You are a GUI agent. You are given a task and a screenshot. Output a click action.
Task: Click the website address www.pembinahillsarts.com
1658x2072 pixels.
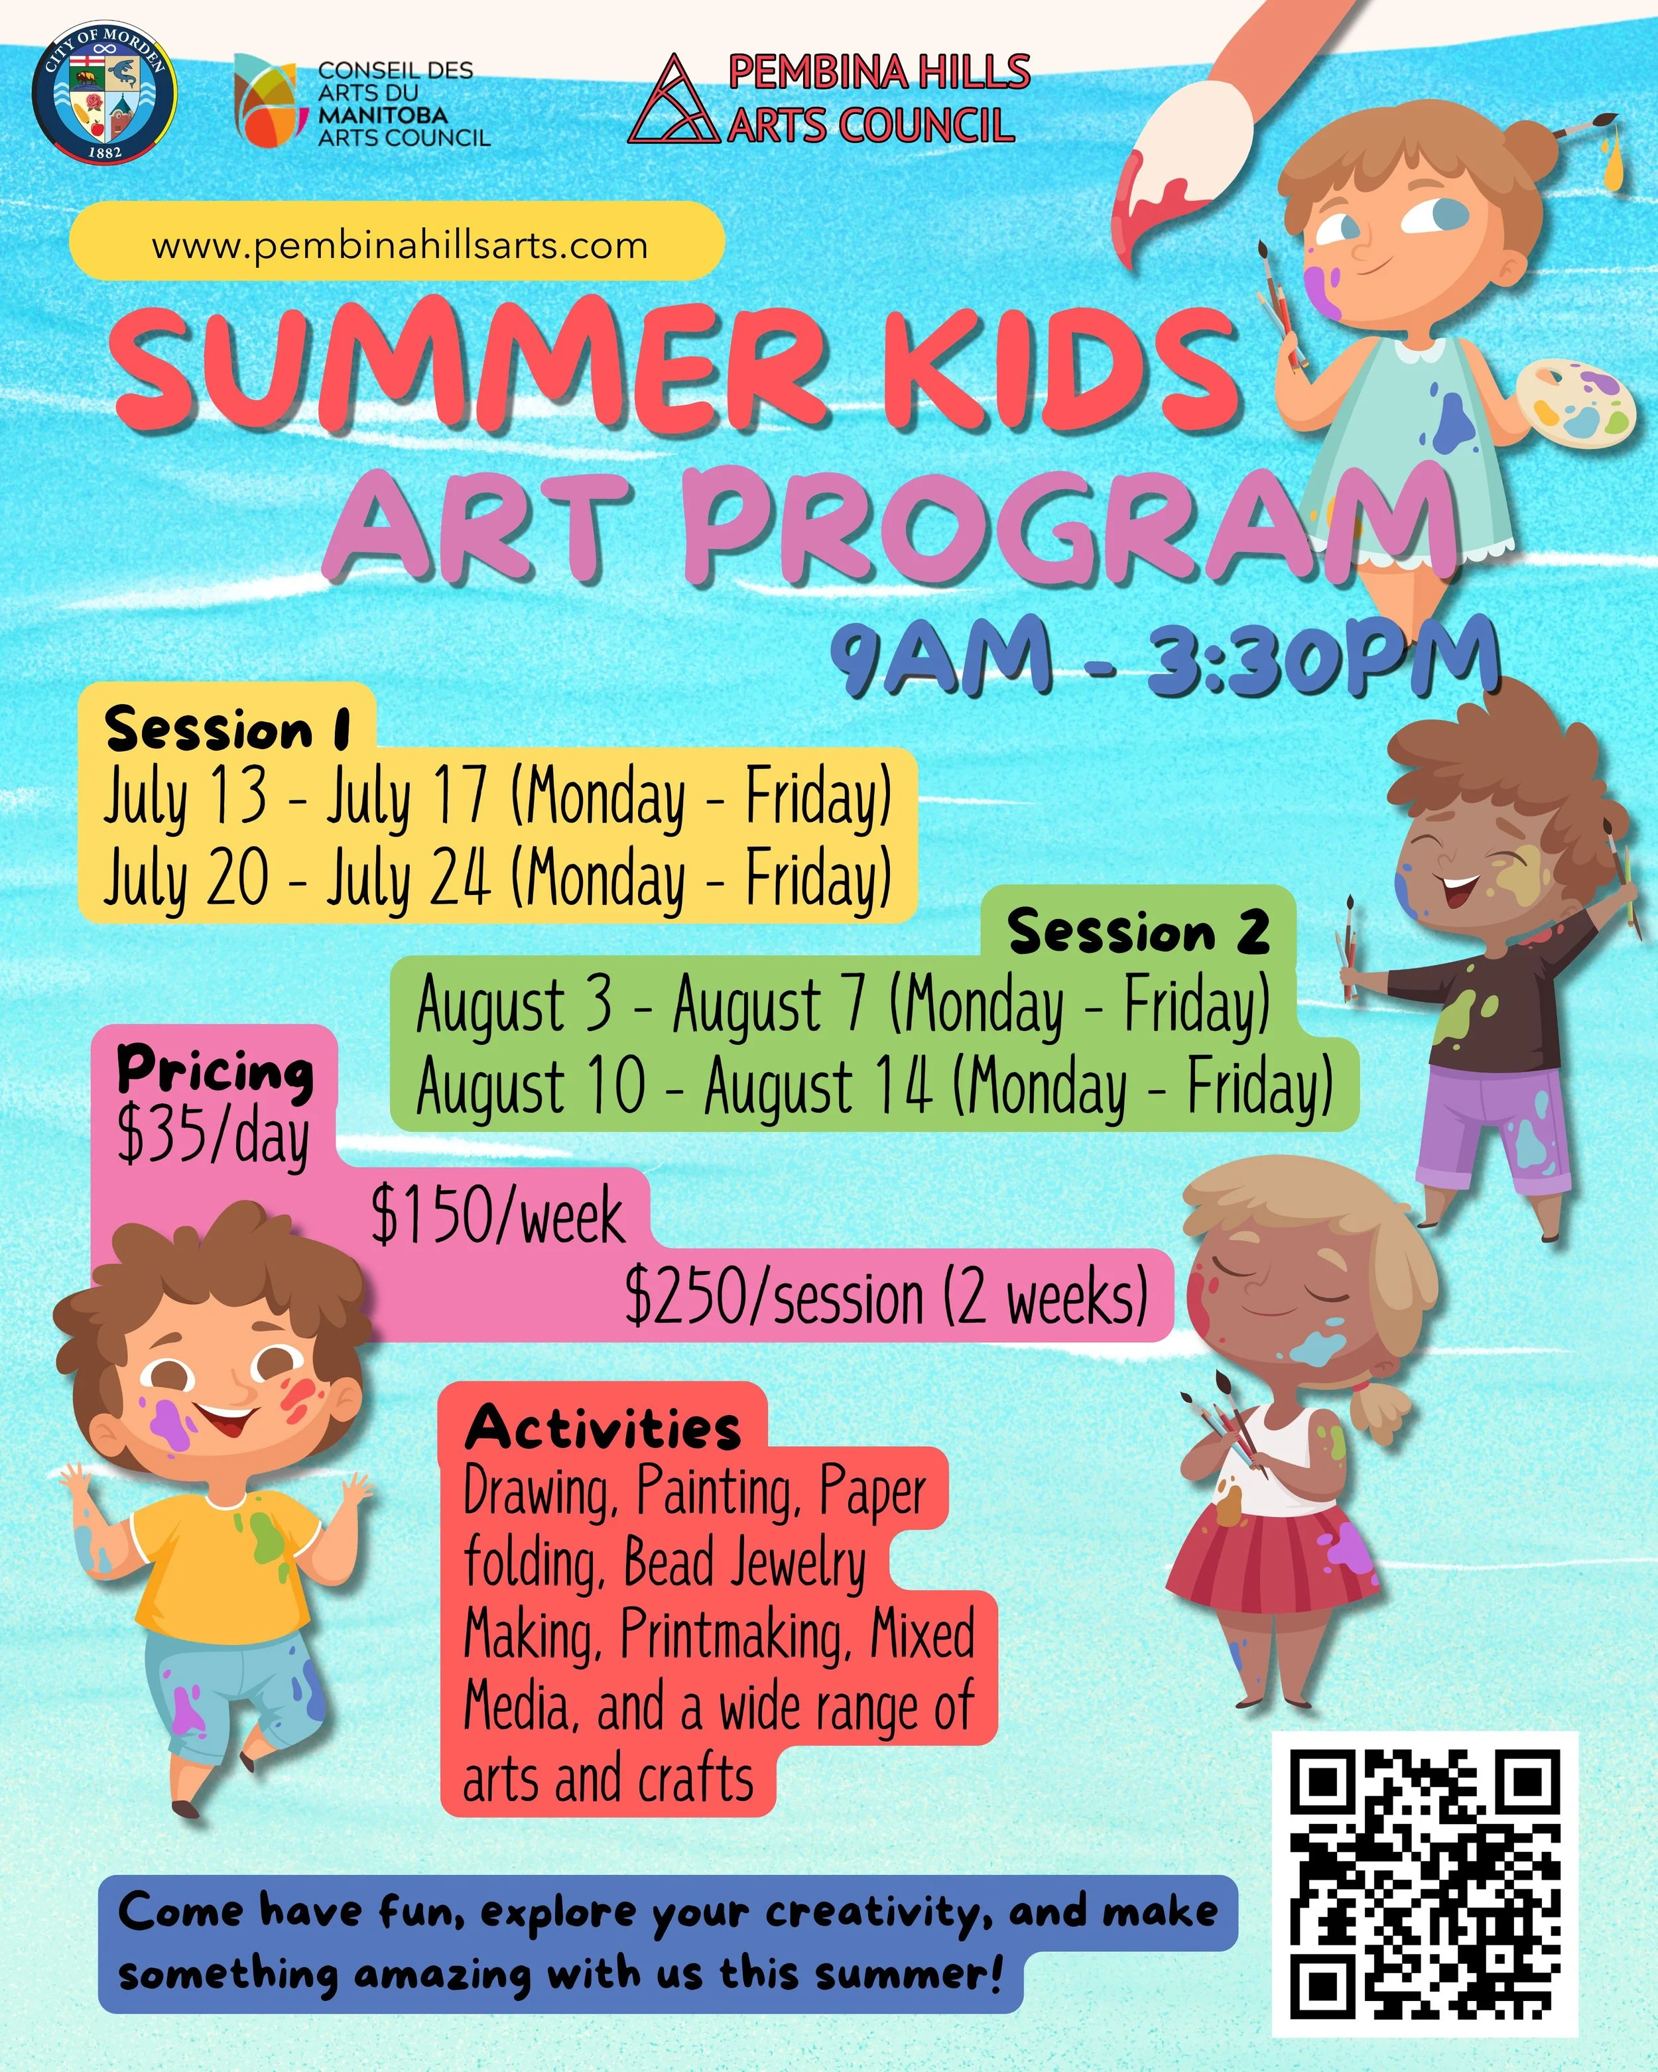point(399,245)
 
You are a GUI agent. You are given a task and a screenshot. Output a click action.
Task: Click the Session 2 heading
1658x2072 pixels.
point(1138,932)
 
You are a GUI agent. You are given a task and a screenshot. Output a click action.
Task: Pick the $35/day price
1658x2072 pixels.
point(214,1135)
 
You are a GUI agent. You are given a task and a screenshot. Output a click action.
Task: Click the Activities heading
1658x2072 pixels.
point(603,1428)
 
